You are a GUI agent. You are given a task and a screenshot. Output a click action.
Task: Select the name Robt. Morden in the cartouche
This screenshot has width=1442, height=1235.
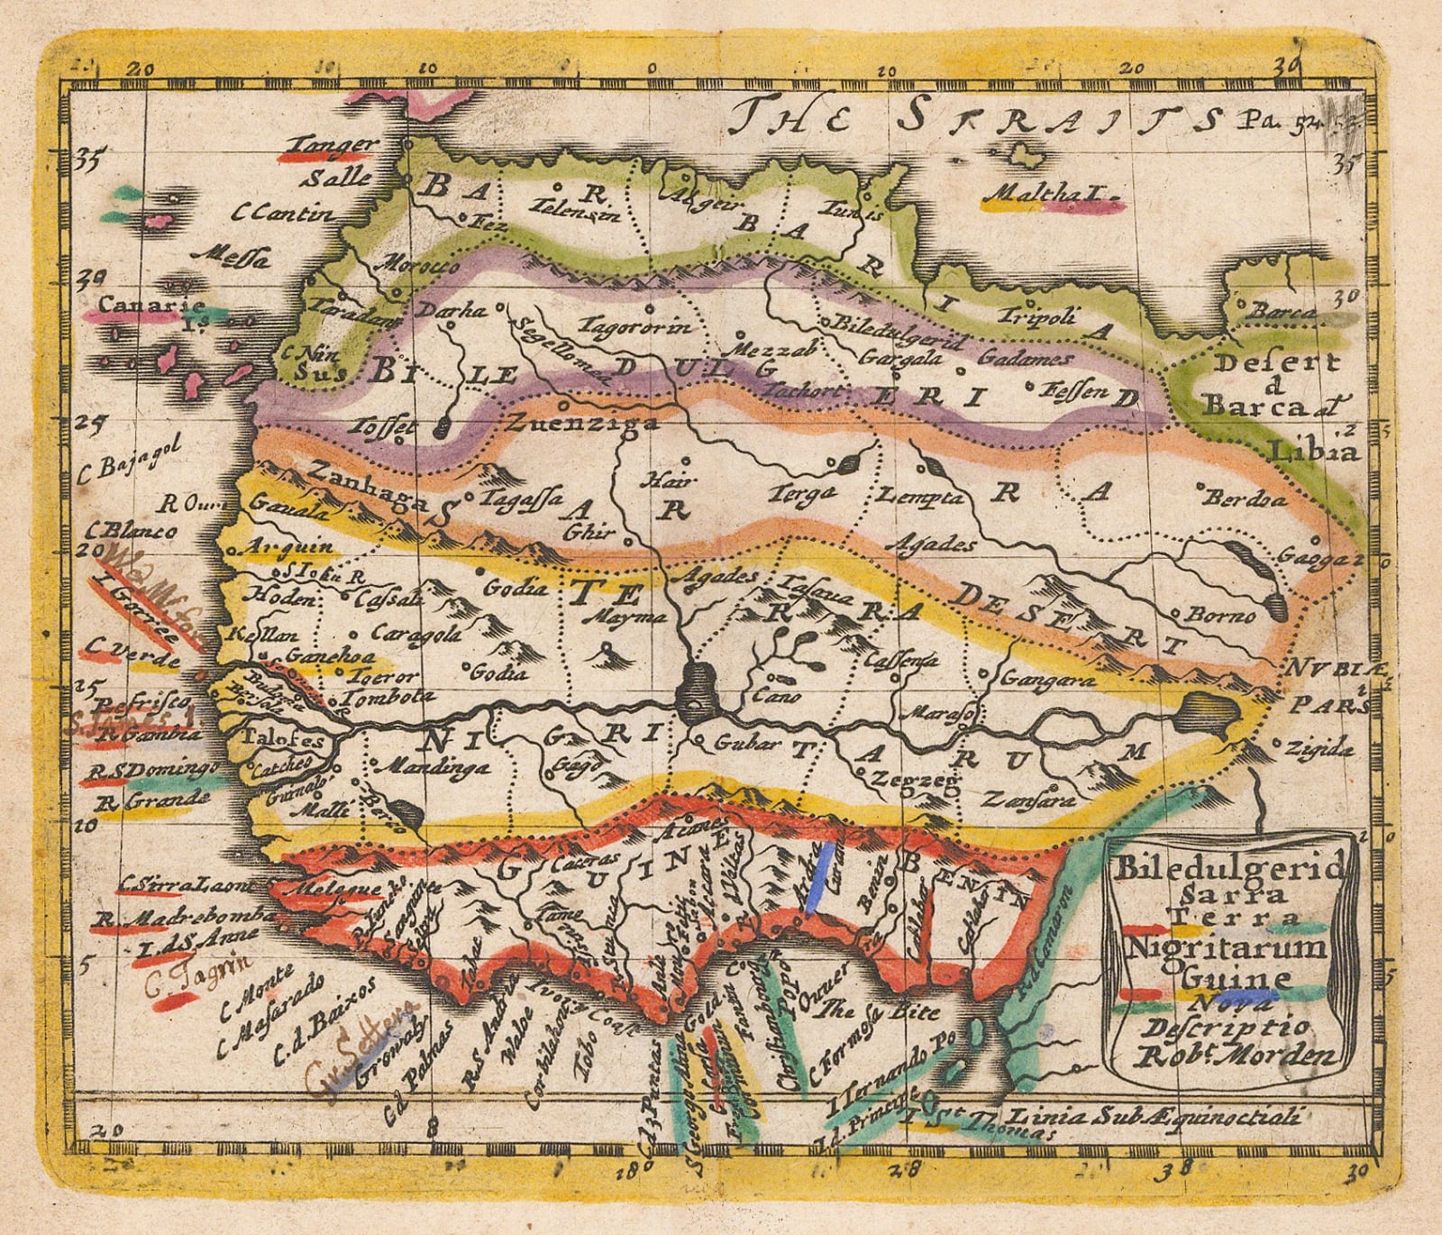(x=1266, y=1057)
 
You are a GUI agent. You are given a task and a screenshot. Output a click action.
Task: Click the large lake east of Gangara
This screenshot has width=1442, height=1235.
(x=1208, y=714)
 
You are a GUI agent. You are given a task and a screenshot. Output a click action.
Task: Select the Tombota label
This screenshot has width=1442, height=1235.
(x=382, y=697)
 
